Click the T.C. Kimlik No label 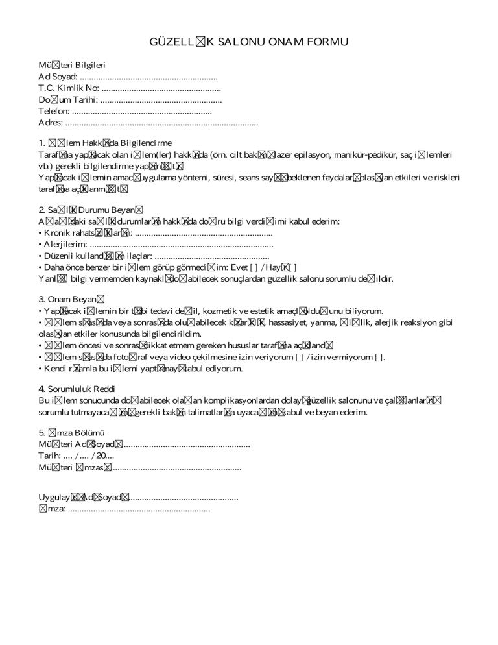pyautogui.click(x=68, y=88)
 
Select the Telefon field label pyautogui.click(x=54, y=111)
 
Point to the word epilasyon pyautogui.click(x=303, y=155)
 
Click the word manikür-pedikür pyautogui.click(x=357, y=155)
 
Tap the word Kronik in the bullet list pyautogui.click(x=59, y=233)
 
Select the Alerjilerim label pyautogui.click(x=65, y=245)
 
